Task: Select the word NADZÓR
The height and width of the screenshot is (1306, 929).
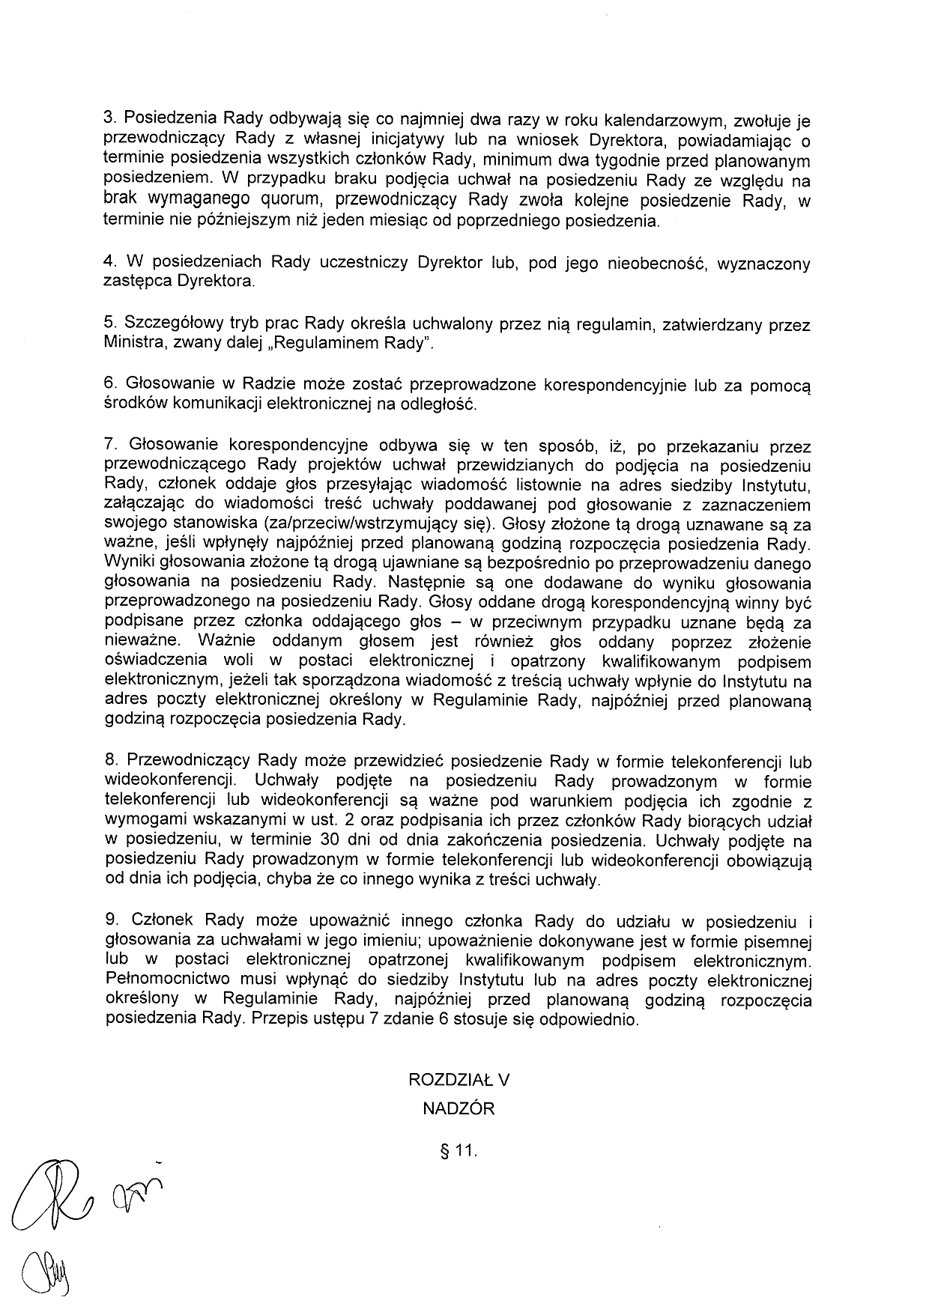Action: click(459, 1108)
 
